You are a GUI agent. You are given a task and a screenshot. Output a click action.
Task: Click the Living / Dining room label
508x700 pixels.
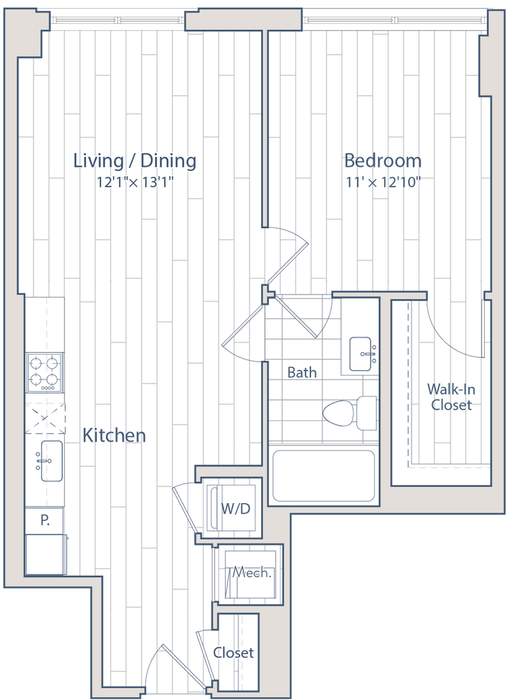point(135,161)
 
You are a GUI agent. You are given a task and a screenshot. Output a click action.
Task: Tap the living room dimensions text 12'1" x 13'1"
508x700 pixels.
point(135,182)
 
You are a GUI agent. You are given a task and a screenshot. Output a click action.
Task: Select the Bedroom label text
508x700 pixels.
point(383,161)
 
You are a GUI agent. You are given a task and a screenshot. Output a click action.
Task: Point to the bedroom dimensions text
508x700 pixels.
point(383,182)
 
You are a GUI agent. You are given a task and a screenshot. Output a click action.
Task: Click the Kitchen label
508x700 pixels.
point(114,435)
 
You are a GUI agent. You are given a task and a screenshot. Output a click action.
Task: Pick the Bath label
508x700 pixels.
point(302,372)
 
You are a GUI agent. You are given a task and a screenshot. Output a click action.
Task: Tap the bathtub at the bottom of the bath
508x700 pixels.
point(324,476)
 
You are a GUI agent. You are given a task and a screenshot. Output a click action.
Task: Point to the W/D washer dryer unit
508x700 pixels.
point(234,509)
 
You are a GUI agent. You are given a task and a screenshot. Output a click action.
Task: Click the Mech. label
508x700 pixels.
point(252,573)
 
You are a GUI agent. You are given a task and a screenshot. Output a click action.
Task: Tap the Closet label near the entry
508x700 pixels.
point(234,652)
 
